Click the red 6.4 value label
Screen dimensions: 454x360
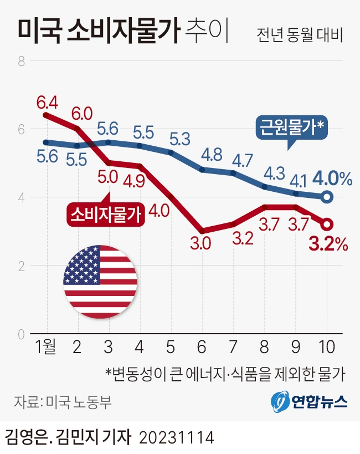click(47, 103)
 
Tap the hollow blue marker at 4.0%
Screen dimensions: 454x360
click(327, 197)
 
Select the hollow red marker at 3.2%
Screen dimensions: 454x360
click(327, 224)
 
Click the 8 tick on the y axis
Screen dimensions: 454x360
click(22, 61)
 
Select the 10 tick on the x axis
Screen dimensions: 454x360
click(326, 348)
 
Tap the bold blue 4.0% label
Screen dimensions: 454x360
click(332, 178)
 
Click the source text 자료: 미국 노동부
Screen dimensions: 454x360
click(61, 401)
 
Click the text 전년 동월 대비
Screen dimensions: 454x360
click(300, 35)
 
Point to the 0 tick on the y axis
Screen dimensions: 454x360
click(22, 334)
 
